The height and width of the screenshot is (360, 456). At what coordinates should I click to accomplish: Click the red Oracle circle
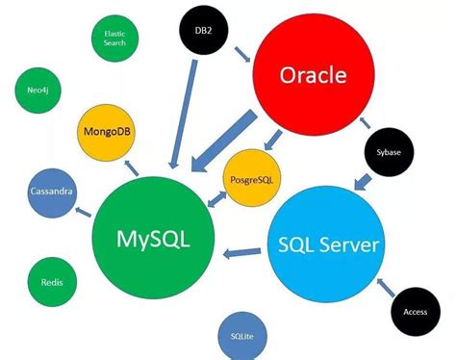pyautogui.click(x=313, y=75)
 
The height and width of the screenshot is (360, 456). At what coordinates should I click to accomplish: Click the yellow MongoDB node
pyautogui.click(x=109, y=131)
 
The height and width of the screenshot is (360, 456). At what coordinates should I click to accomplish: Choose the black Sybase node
pyautogui.click(x=389, y=152)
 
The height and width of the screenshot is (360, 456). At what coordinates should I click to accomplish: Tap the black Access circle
pyautogui.click(x=415, y=311)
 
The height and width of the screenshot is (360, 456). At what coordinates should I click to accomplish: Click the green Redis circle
pyautogui.click(x=52, y=283)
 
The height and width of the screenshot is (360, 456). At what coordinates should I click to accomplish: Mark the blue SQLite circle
pyautogui.click(x=242, y=335)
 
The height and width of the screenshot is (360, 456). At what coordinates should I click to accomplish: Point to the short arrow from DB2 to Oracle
pyautogui.click(x=241, y=54)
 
